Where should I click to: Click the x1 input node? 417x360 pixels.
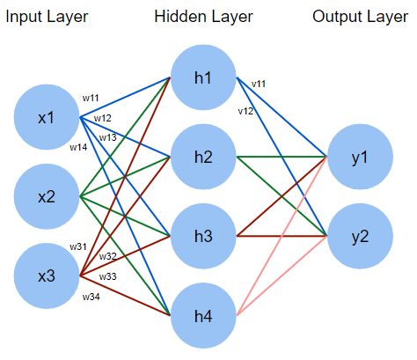point(47,118)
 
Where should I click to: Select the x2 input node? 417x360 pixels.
point(47,197)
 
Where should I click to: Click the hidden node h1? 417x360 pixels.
point(203,77)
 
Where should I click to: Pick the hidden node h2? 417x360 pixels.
point(203,157)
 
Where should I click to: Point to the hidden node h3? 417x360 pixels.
point(203,236)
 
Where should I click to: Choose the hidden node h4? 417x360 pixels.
point(203,314)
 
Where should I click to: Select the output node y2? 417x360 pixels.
point(357,236)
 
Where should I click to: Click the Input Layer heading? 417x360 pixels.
point(49,15)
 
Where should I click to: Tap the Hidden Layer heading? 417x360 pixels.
point(203,15)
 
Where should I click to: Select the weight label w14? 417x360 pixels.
point(79,147)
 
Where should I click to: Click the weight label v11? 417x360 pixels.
point(259,84)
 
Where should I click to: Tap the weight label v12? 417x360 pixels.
point(246,112)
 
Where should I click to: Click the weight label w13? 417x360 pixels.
point(107,137)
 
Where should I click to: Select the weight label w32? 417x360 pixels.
point(107,256)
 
